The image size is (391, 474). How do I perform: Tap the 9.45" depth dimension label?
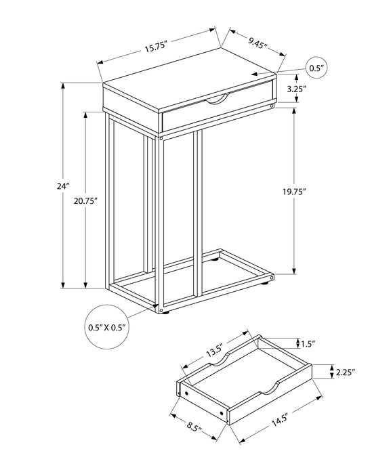pyautogui.click(x=257, y=43)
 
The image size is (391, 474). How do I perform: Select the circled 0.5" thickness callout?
pyautogui.click(x=316, y=68)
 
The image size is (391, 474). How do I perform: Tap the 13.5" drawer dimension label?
pyautogui.click(x=215, y=352)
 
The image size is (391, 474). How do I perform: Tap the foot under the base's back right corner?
pyautogui.click(x=272, y=277)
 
